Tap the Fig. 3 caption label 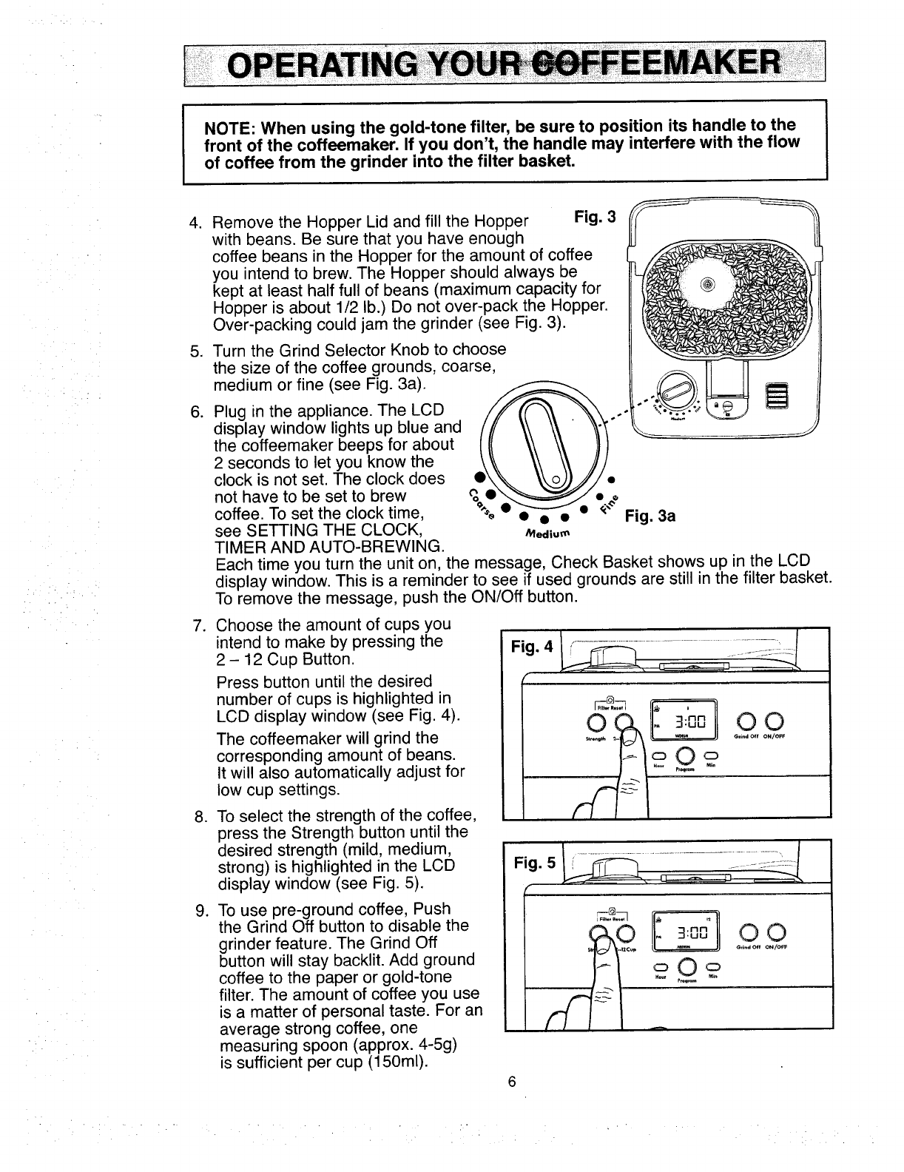pos(595,217)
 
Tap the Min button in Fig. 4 pos(711,755)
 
